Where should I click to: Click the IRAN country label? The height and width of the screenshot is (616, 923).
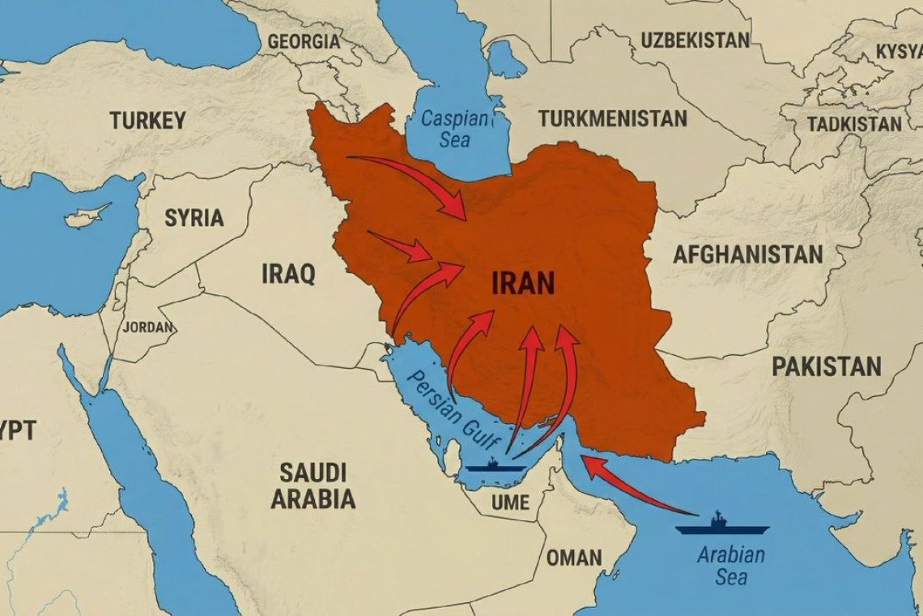pyautogui.click(x=523, y=284)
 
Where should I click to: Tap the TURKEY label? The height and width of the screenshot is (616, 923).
pyautogui.click(x=147, y=121)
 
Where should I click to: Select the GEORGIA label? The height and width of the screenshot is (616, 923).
pyautogui.click(x=304, y=41)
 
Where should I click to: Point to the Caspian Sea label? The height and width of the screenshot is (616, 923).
pyautogui.click(x=455, y=129)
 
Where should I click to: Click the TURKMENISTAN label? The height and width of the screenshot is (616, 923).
pyautogui.click(x=612, y=118)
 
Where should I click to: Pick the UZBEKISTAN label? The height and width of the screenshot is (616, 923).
pyautogui.click(x=695, y=40)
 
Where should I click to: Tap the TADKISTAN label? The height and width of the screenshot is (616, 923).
pyautogui.click(x=853, y=124)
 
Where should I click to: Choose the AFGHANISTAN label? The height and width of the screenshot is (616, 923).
pyautogui.click(x=747, y=255)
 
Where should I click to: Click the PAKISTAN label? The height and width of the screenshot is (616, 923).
pyautogui.click(x=826, y=366)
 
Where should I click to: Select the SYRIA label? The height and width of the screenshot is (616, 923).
pyautogui.click(x=194, y=217)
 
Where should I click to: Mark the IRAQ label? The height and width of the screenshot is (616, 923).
pyautogui.click(x=288, y=273)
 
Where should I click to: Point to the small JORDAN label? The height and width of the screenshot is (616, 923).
pyautogui.click(x=147, y=327)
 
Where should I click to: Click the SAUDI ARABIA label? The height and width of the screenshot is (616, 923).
pyautogui.click(x=313, y=485)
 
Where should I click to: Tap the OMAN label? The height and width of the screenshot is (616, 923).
pyautogui.click(x=573, y=558)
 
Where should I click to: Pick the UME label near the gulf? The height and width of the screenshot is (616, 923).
pyautogui.click(x=510, y=503)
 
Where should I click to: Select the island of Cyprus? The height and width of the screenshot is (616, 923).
pyautogui.click(x=87, y=216)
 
